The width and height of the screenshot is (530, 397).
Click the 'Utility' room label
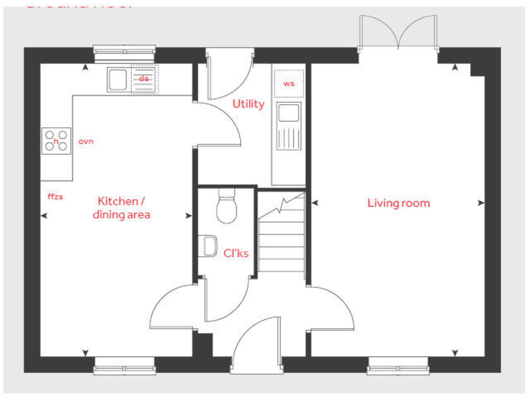point(248,104)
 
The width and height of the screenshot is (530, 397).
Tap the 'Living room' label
point(398,203)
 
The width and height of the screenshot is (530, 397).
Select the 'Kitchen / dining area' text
point(121,207)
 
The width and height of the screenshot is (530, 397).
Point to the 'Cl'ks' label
point(236,253)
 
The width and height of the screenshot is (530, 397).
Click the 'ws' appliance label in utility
point(288,83)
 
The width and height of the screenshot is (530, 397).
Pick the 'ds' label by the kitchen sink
point(144,79)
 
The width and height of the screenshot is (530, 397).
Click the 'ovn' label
point(86,141)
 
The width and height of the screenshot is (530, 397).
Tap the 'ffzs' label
point(55,196)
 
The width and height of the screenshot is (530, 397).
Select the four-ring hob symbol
point(57,141)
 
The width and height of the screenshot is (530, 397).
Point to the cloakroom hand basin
point(208,246)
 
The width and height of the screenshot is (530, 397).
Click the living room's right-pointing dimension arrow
point(481,203)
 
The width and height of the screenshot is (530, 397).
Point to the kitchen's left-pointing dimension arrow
point(44,216)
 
